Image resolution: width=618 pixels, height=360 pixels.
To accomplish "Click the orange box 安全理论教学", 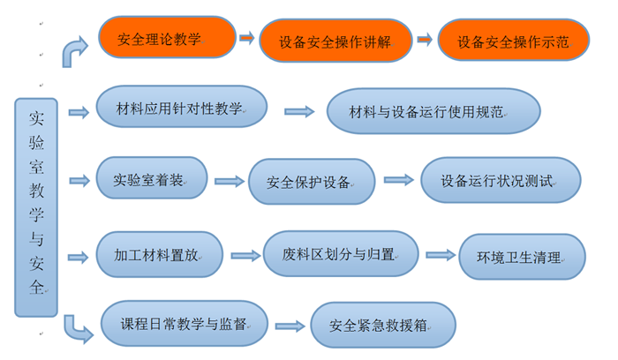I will [167, 37].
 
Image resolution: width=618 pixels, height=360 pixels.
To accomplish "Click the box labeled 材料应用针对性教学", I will [179, 109].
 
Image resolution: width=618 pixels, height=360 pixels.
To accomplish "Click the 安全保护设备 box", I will [310, 183].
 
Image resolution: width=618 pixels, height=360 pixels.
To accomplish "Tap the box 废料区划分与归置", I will [340, 255].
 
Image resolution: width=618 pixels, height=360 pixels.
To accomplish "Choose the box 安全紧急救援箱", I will [382, 326].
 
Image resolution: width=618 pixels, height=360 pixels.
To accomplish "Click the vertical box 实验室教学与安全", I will [35, 206].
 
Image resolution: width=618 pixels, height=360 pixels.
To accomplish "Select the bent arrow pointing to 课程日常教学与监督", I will [79, 329].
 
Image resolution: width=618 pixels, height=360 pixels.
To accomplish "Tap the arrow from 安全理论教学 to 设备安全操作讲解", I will [246, 38].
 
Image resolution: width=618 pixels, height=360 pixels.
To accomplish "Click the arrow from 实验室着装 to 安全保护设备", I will [229, 181].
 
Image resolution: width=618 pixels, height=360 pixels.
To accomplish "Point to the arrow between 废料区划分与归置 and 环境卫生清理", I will [438, 256].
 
